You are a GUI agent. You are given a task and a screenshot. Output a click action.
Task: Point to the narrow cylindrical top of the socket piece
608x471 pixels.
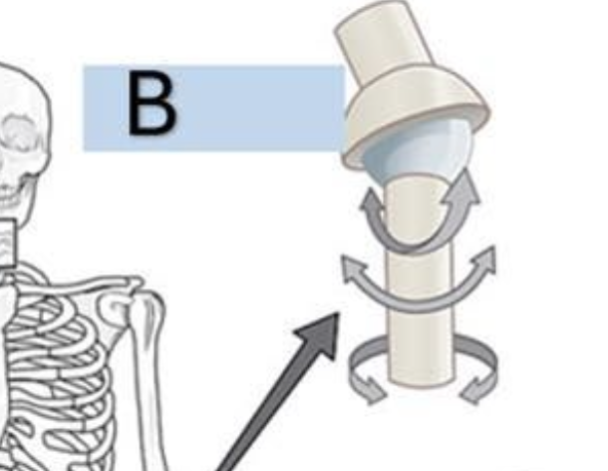(389, 46)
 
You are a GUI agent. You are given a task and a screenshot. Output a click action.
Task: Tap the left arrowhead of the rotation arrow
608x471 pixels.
(370, 390)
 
